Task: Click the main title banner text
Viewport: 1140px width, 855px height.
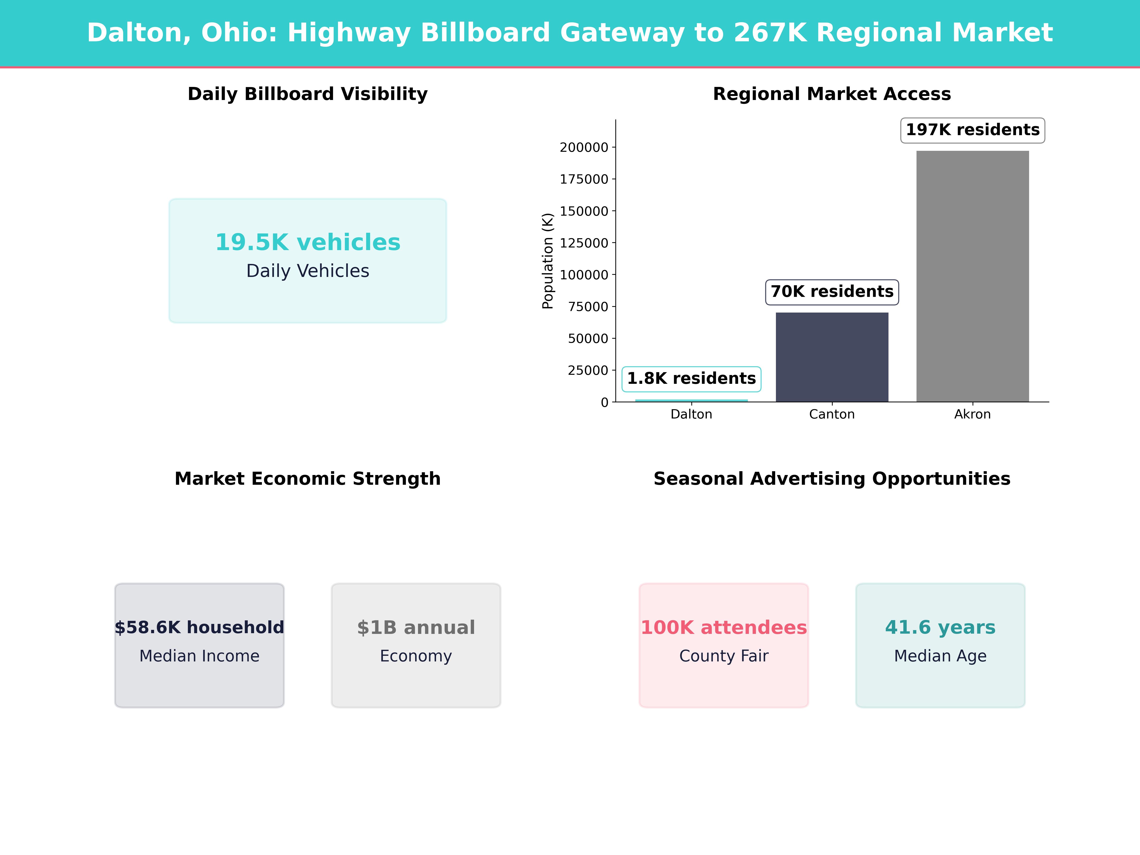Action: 570,33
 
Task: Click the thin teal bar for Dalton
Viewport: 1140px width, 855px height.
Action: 691,400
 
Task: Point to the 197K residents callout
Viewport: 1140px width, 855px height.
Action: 973,130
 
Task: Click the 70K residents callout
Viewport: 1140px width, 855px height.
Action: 832,292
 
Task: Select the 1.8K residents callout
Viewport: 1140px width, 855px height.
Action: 691,379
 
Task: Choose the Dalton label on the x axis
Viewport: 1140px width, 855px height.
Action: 691,414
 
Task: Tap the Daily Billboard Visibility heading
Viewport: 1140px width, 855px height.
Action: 308,94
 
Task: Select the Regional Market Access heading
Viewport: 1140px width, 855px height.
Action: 832,94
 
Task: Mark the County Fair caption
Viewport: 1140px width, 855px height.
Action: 724,656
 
